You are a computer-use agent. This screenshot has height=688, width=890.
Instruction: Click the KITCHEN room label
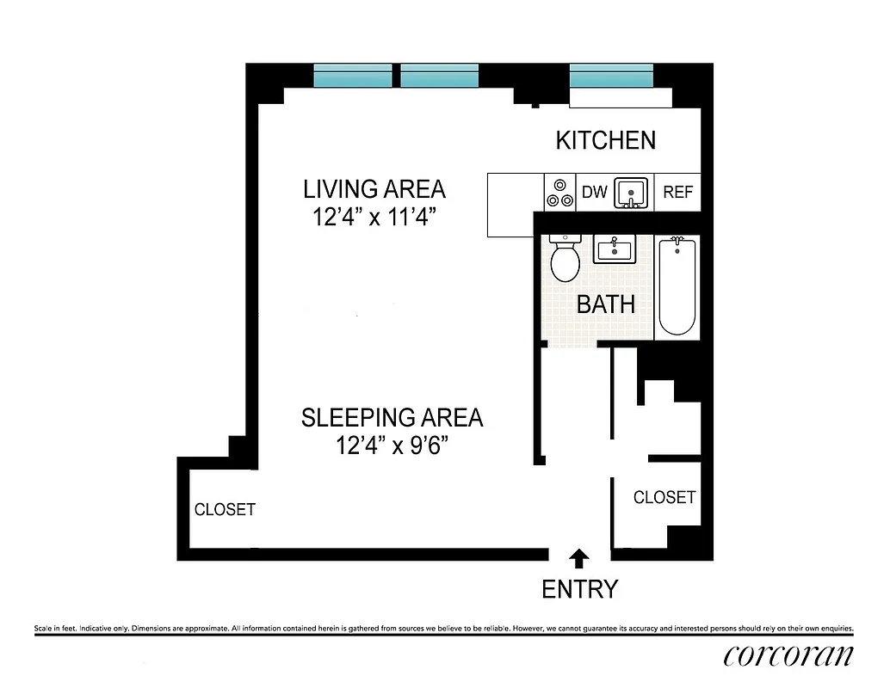pos(605,140)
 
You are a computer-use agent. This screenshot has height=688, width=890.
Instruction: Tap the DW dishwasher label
pos(594,193)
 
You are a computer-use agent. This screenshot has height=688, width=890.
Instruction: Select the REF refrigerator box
pos(677,193)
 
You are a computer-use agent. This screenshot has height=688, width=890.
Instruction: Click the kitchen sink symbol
pos(632,193)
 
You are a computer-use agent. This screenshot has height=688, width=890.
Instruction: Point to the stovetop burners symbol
pos(559,193)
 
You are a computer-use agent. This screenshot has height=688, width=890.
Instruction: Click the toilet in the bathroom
pos(565,259)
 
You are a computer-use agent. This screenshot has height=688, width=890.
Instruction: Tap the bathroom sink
pos(613,250)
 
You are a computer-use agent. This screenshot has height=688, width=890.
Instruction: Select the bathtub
pos(677,286)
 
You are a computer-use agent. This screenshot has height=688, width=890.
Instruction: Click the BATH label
pos(605,304)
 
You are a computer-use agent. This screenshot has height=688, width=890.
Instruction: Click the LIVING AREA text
pos(374,188)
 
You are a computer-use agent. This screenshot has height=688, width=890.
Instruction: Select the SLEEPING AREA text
pos(392,418)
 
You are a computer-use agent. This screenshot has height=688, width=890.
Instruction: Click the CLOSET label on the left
pos(225,509)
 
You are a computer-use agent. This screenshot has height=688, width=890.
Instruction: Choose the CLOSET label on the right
pos(664,497)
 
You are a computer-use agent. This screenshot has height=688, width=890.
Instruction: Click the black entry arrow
pos(579,559)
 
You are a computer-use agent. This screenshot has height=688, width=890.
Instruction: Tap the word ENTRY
pos(579,589)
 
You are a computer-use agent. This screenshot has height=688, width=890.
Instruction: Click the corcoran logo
pos(788,655)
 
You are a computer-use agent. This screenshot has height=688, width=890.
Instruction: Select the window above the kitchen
pos(610,77)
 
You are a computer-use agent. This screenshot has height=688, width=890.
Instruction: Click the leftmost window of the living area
pos(352,77)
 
